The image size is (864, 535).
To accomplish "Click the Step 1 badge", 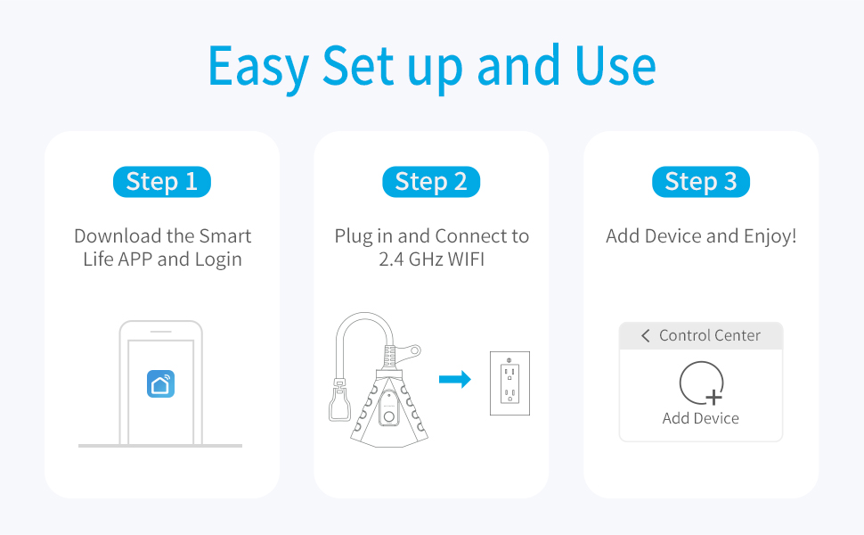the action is [162, 182].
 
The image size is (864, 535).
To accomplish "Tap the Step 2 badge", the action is [431, 182].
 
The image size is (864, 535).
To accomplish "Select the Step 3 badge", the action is [701, 182].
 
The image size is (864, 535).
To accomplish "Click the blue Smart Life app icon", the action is [161, 384].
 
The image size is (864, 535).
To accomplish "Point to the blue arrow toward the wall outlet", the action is [455, 379].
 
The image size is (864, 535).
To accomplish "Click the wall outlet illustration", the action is [509, 383].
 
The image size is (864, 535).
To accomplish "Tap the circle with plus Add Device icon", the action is [702, 383].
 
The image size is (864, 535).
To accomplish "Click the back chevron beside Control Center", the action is [645, 335].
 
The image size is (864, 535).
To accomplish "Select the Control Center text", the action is [710, 335].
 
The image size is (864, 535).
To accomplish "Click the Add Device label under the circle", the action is [700, 418].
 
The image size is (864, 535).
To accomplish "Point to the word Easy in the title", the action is [258, 67].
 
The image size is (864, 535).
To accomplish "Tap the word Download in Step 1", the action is [118, 236].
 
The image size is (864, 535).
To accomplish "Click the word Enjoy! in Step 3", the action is [770, 236].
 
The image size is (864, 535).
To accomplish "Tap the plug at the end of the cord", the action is [339, 400].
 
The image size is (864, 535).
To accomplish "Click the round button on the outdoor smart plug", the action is [389, 417].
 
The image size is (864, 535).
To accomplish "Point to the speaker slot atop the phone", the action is [161, 332].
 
